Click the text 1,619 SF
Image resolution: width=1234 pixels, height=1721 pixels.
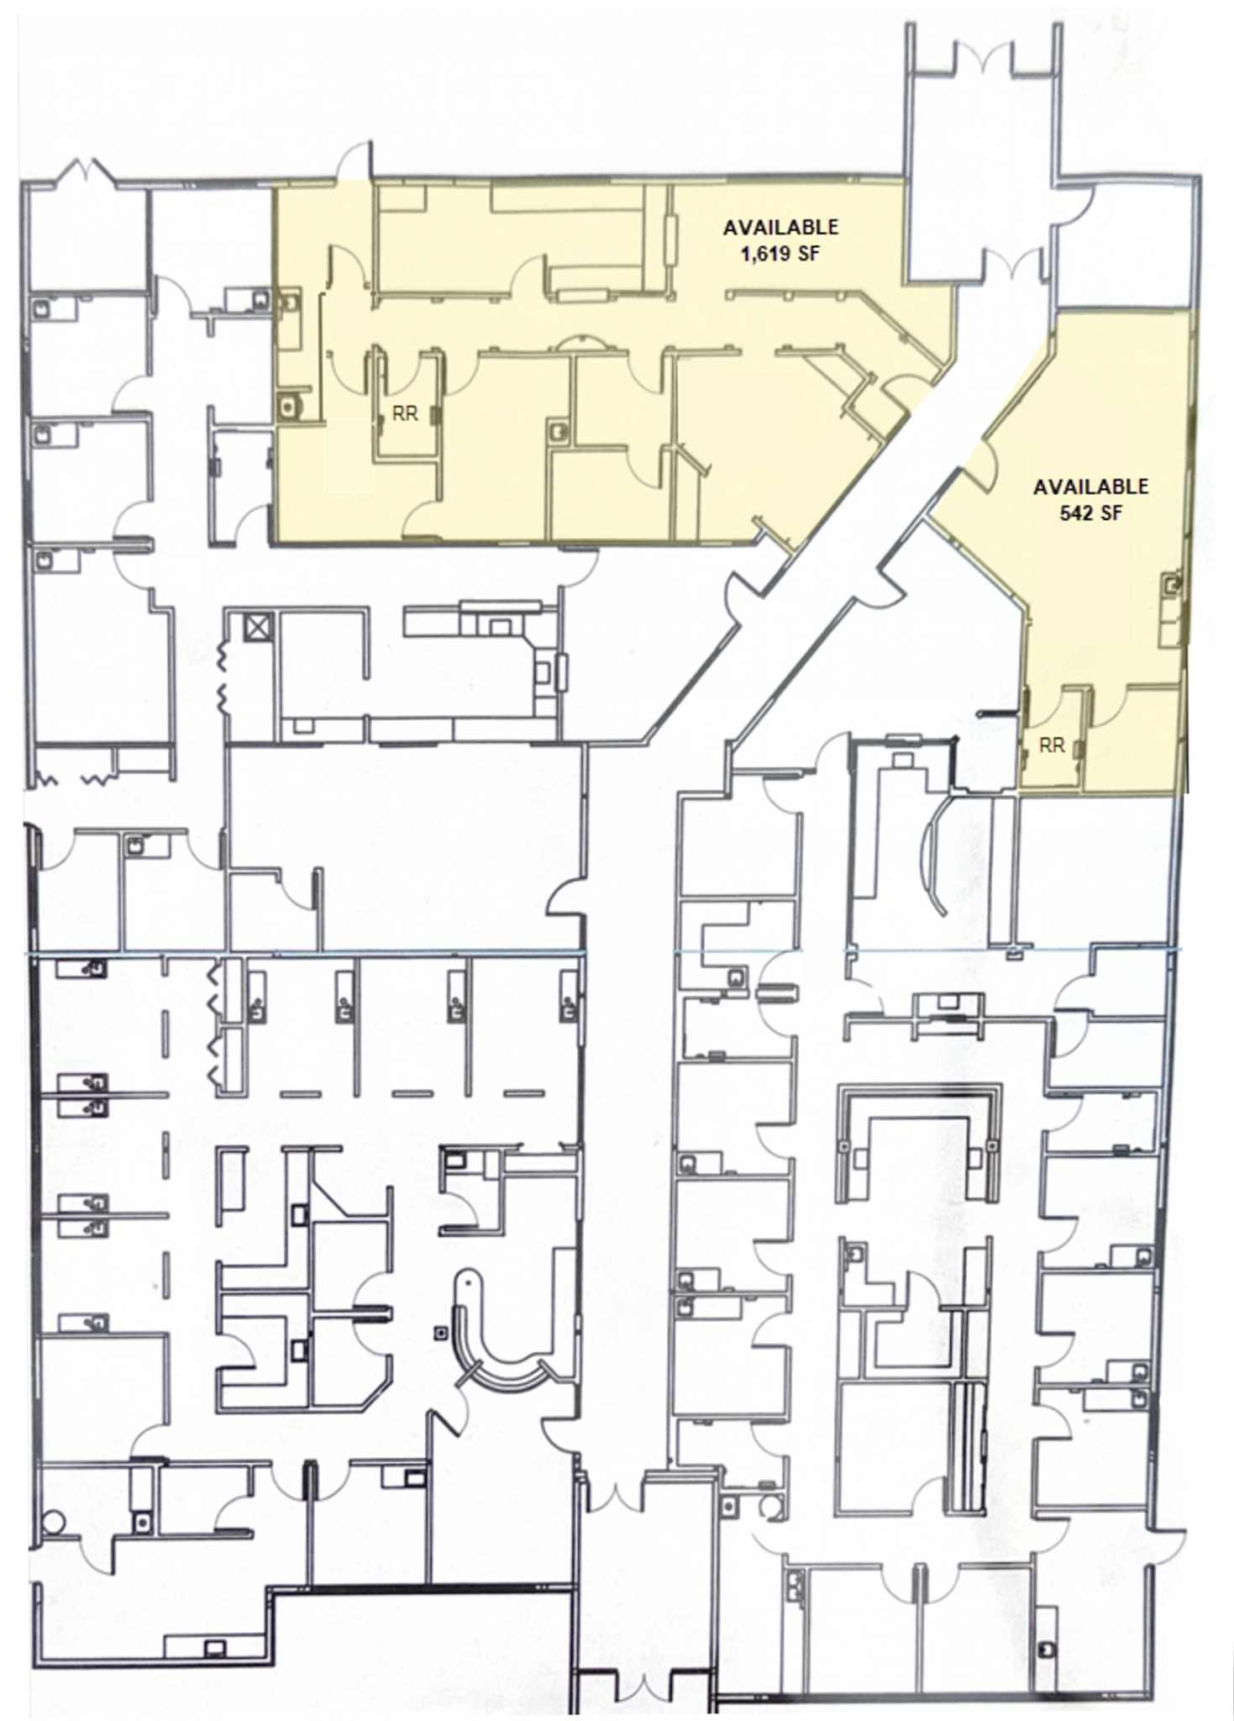[x=780, y=252]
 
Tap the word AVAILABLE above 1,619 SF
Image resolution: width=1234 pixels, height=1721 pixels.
[x=780, y=227]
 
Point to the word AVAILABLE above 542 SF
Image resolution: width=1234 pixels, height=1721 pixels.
[x=1090, y=487]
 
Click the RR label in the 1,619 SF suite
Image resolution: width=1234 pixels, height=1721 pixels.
[x=405, y=415]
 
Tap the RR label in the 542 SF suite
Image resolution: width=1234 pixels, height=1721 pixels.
[x=1052, y=745]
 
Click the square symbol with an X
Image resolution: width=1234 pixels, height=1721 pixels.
[x=258, y=627]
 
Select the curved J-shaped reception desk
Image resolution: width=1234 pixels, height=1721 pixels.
[x=496, y=1336]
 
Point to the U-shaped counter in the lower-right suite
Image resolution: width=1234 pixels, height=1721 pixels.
[x=919, y=1143]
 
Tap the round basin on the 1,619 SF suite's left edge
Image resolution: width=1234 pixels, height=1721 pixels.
[x=290, y=407]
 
